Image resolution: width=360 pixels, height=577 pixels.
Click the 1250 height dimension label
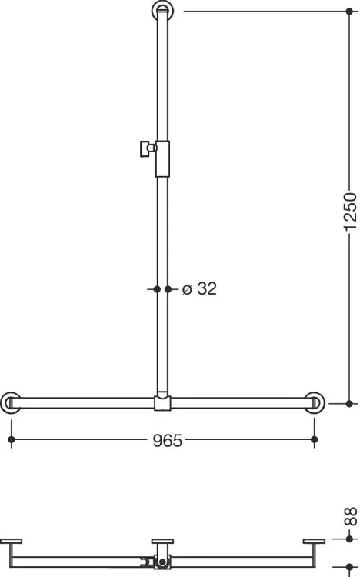click(x=350, y=212)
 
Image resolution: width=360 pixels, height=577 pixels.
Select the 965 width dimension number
click(x=168, y=441)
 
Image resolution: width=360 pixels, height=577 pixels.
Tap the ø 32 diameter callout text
click(x=199, y=288)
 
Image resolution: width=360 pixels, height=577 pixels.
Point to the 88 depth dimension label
click(x=351, y=516)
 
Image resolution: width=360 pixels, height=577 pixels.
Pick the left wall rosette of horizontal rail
click(x=10, y=403)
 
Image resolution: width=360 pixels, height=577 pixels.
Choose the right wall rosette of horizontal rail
click(x=315, y=403)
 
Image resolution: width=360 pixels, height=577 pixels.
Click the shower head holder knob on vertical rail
click(x=148, y=148)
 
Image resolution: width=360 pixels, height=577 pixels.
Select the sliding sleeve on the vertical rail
click(x=162, y=158)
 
